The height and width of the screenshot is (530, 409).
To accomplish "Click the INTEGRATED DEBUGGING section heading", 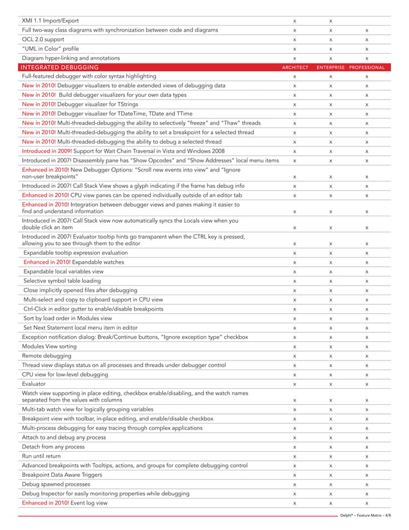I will click(x=60, y=67).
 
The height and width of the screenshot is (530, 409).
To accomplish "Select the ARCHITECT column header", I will click(x=295, y=67).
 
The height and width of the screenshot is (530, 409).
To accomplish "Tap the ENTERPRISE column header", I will click(x=330, y=67).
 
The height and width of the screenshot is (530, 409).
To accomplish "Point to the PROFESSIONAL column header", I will click(x=367, y=67).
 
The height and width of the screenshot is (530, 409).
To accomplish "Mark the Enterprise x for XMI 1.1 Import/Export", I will click(x=330, y=21).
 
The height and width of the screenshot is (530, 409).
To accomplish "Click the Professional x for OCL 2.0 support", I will click(x=366, y=40).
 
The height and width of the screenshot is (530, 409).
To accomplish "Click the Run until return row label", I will click(x=44, y=456).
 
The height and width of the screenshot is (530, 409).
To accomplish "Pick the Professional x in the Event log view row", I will click(x=366, y=504).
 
